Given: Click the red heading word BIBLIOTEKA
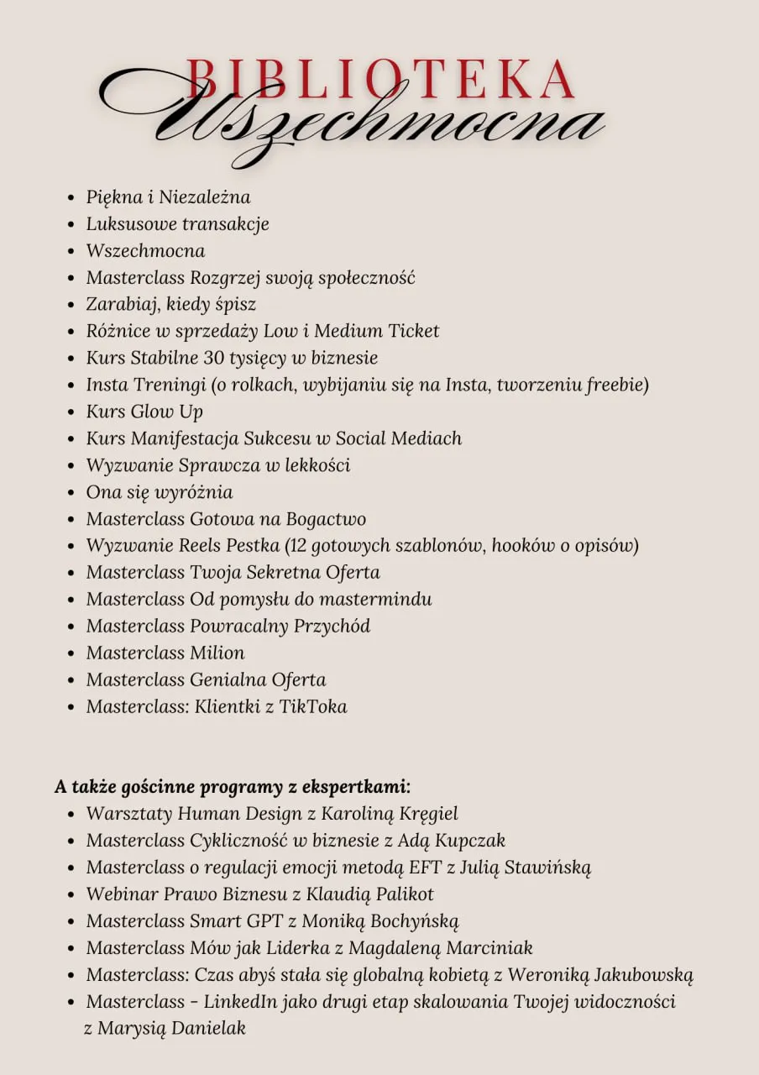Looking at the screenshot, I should pos(379,81).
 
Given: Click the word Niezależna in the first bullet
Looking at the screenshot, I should pos(204,197).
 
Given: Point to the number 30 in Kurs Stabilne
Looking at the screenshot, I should pos(214,358).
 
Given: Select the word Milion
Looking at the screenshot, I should pos(217,653).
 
